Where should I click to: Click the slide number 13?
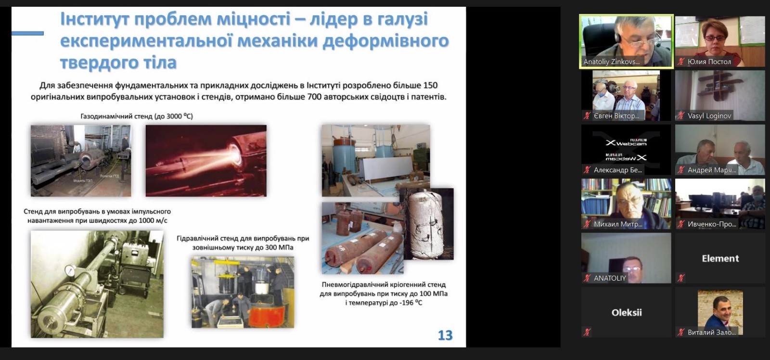(445, 335)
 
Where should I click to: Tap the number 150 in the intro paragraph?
(429, 85)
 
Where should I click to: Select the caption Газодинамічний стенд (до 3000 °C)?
(137, 116)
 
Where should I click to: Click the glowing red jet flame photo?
(206, 160)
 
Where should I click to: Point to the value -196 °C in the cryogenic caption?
(404, 303)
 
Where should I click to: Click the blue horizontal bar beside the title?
(27, 33)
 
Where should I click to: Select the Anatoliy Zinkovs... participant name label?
(611, 62)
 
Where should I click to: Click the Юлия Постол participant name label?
(709, 62)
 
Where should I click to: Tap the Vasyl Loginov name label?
(709, 116)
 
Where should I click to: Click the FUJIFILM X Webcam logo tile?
(626, 150)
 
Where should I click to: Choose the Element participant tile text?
(720, 258)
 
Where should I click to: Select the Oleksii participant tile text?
(627, 312)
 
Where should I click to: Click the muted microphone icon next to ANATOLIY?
(587, 278)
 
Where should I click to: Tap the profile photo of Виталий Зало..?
(720, 310)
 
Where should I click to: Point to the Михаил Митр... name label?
(617, 224)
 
